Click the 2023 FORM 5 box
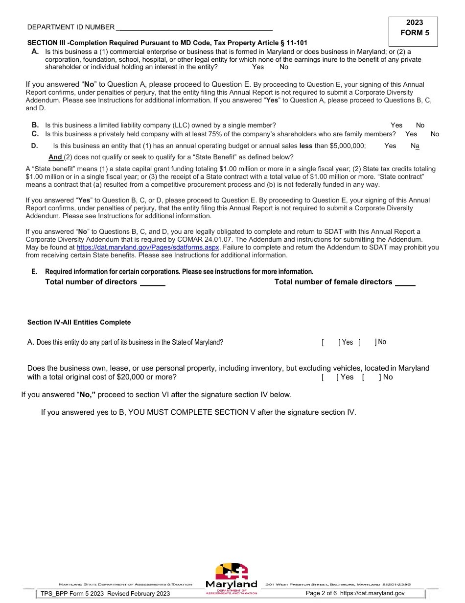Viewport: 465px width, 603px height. coord(414,28)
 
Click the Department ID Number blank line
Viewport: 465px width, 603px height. coord(194,27)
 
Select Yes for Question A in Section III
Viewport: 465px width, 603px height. coord(258,67)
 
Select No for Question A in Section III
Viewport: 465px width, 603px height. coord(284,67)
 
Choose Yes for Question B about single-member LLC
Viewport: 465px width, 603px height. coord(396,126)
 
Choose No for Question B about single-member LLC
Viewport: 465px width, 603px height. coord(420,126)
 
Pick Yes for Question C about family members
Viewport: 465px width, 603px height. coord(411,134)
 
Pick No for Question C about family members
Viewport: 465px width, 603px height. coord(435,134)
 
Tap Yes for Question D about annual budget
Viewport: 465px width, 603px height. coord(390,146)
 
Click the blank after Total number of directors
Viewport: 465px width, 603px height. coord(153,283)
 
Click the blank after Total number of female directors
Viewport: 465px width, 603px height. coord(405,283)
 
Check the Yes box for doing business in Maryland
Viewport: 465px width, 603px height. coord(330,343)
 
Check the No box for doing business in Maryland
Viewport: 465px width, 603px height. coord(367,343)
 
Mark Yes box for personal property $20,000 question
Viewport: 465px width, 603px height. coord(329,377)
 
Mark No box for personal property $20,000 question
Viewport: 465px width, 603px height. coord(371,377)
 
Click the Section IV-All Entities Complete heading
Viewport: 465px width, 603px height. coord(79,323)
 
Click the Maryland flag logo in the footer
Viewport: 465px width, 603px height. coord(232,572)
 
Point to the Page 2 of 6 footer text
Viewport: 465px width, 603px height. coord(321,593)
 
